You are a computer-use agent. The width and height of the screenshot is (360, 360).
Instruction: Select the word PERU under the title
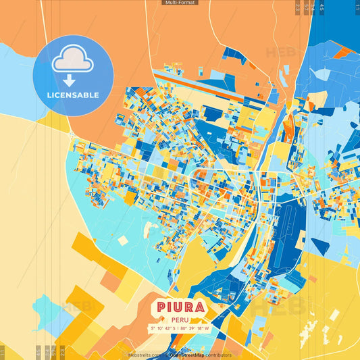click(180, 320)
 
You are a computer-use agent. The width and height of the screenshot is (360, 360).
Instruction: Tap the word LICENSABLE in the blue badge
click(73, 95)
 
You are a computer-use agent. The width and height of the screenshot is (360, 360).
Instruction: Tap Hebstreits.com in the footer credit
click(143, 355)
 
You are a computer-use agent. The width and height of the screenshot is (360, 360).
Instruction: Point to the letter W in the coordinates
click(207, 329)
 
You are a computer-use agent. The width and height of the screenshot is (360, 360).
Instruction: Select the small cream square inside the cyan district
click(123, 240)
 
